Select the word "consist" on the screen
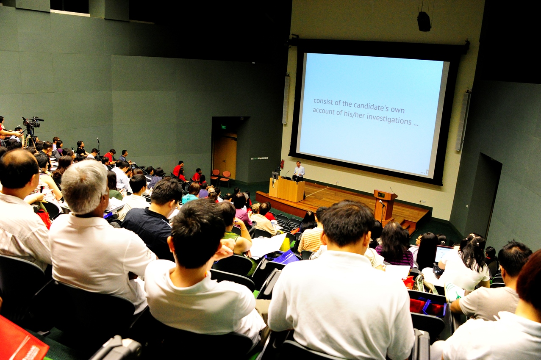click(323, 102)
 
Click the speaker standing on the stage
click(299, 172)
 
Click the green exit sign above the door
click(223, 127)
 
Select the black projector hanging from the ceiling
click(424, 21)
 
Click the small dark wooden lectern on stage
click(385, 205)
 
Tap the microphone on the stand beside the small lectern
click(382, 203)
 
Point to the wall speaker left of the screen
click(286, 99)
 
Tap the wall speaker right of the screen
click(463, 121)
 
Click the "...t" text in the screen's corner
click(424, 172)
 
